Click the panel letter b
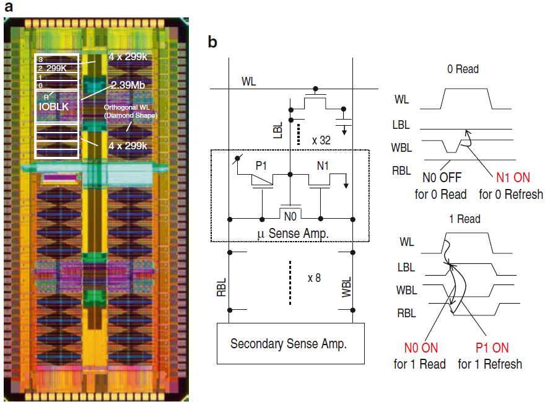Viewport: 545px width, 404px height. [212, 42]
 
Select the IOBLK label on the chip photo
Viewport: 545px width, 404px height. [53, 107]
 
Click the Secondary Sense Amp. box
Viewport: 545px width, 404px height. [288, 343]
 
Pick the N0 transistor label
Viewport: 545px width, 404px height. [290, 216]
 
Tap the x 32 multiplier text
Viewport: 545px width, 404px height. [323, 140]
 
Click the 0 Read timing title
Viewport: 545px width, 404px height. [463, 69]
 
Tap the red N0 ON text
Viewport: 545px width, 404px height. [420, 348]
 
